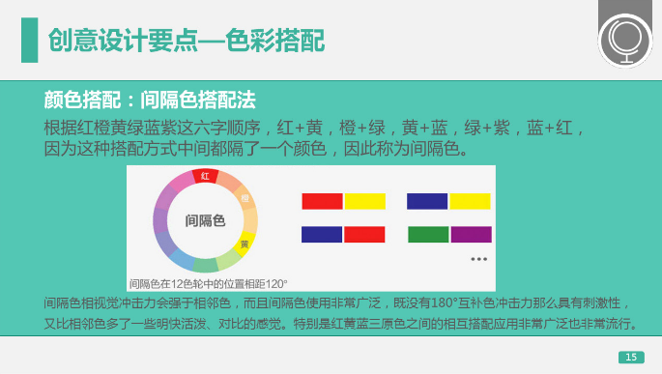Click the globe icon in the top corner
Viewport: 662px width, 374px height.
(x=624, y=41)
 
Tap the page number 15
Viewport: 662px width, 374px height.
(x=630, y=359)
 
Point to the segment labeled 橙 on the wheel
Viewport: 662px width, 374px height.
(x=245, y=199)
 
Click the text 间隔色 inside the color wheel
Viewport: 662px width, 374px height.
(x=204, y=220)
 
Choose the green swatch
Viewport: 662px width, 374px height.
(x=428, y=235)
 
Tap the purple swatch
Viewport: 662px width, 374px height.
(x=471, y=235)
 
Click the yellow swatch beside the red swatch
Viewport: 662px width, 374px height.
(x=364, y=201)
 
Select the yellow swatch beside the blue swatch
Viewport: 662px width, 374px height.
(x=470, y=201)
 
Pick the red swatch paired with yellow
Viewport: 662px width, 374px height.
(x=322, y=201)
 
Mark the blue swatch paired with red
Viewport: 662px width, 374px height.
(x=322, y=235)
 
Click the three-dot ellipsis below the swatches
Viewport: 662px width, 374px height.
(x=478, y=259)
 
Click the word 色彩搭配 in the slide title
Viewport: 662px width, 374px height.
(x=275, y=40)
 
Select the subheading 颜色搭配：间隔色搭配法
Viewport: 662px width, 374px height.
(x=150, y=100)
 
